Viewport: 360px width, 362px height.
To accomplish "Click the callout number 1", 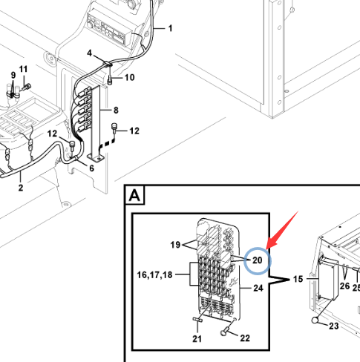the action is (x=170, y=28).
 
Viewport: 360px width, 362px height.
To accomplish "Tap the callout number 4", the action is (x=89, y=53).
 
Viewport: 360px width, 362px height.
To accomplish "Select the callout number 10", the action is (x=129, y=78).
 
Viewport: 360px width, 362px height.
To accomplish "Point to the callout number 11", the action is (x=23, y=69).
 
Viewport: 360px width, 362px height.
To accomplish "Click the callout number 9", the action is (x=13, y=75).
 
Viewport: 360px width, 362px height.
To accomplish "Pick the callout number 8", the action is (x=116, y=110).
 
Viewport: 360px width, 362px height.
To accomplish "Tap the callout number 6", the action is (x=91, y=168).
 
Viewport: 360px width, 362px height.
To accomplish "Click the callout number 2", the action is (x=21, y=188).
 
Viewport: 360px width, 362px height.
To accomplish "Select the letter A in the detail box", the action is (x=134, y=196).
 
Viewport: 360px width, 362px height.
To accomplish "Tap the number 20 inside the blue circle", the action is (x=258, y=260).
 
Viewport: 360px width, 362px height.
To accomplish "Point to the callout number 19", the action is (x=175, y=245).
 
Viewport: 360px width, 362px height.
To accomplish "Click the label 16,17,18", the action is (x=154, y=274).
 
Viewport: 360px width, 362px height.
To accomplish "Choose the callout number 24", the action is (x=258, y=288).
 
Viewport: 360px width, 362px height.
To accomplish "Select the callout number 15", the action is (x=298, y=279).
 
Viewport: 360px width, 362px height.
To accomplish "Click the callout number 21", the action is (x=197, y=338).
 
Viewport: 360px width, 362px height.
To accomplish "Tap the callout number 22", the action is (x=245, y=338).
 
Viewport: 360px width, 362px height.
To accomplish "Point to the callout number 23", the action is (x=333, y=326).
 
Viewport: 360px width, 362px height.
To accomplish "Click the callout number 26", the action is (x=344, y=286).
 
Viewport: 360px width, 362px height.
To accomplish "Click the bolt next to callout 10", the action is (x=110, y=81).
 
